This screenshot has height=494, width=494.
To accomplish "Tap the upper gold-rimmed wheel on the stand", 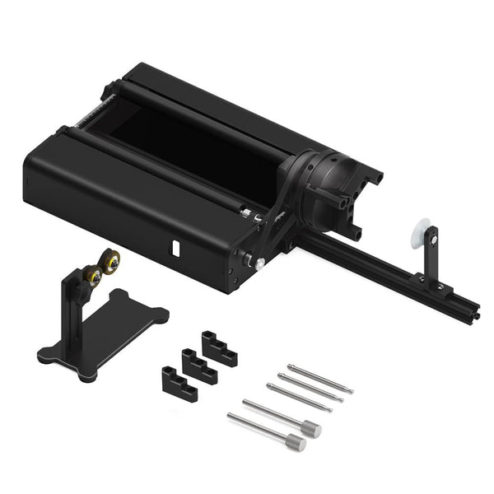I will [x=111, y=261].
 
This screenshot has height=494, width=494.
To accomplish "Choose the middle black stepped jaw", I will [x=198, y=366].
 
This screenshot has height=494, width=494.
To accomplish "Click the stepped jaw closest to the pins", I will [x=219, y=348].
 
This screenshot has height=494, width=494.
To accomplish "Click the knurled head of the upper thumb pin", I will [x=310, y=428].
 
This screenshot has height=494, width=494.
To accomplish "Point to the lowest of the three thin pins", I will [x=299, y=398].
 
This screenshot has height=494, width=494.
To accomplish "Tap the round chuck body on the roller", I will [x=329, y=177].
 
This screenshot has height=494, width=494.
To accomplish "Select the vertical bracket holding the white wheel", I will [x=430, y=259].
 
